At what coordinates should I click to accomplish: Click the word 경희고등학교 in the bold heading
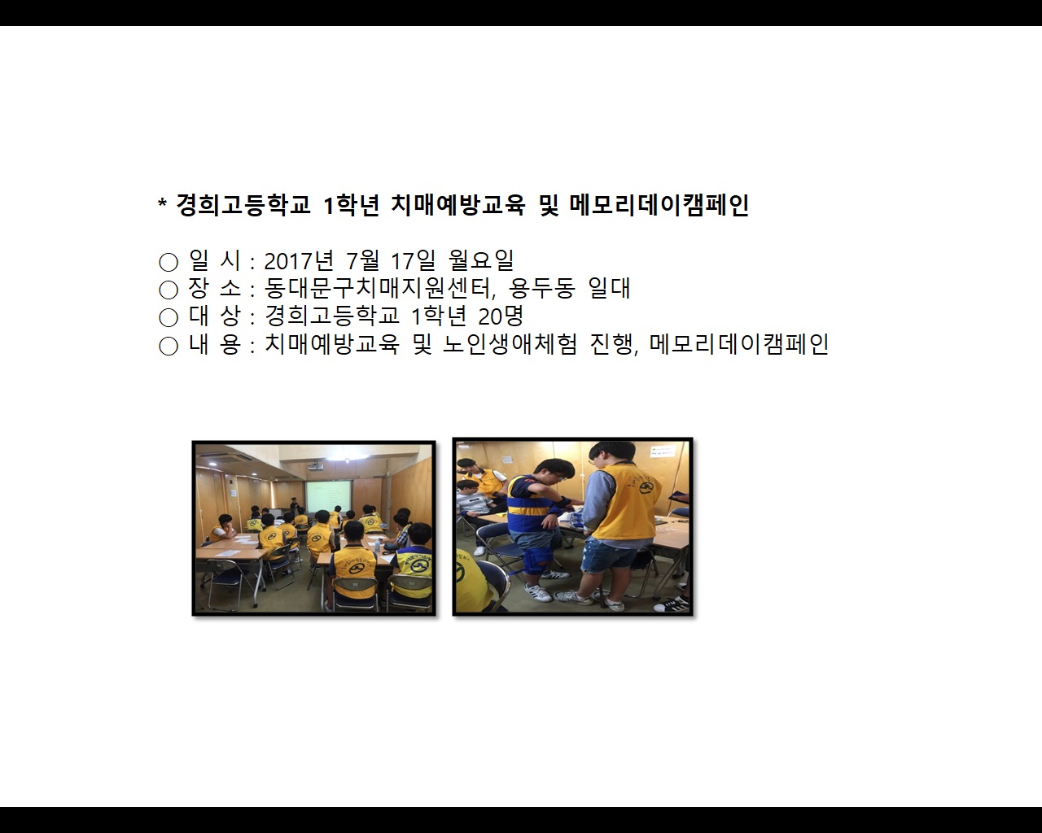click(x=243, y=205)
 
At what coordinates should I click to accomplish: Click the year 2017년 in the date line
click(x=299, y=261)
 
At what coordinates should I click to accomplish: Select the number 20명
click(x=501, y=316)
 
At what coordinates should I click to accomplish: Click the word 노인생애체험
click(x=510, y=345)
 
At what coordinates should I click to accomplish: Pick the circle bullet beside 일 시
click(x=169, y=262)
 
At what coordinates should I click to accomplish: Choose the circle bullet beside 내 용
click(x=169, y=346)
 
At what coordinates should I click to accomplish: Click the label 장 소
click(x=215, y=289)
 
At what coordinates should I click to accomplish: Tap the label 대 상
click(x=215, y=316)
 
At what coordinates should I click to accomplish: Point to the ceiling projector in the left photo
click(x=315, y=467)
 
